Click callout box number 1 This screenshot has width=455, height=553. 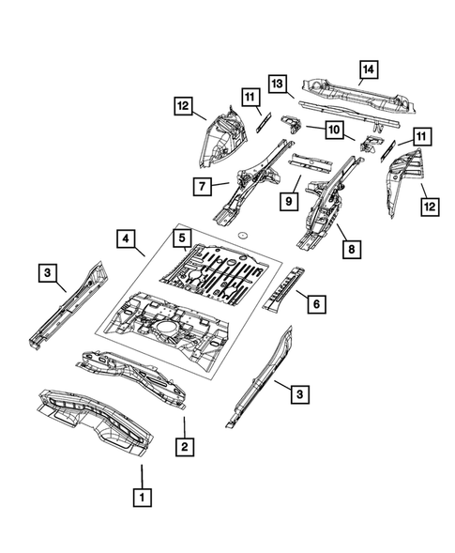[141, 495]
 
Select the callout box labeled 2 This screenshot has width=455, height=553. [187, 447]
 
